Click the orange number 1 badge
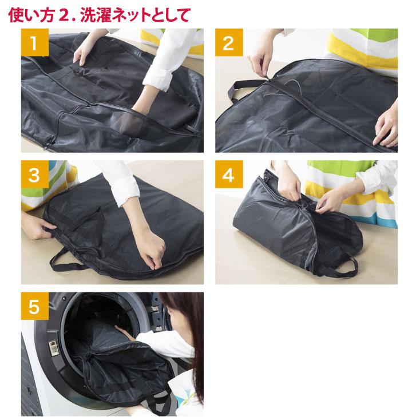[35, 42]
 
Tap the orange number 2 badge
[229, 42]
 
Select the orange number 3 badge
[35, 174]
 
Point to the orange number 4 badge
[229, 174]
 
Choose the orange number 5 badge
[35, 306]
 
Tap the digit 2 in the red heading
[64, 15]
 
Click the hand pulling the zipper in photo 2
[259, 63]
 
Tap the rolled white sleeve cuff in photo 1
[157, 78]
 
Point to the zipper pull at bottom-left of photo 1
[46, 146]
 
